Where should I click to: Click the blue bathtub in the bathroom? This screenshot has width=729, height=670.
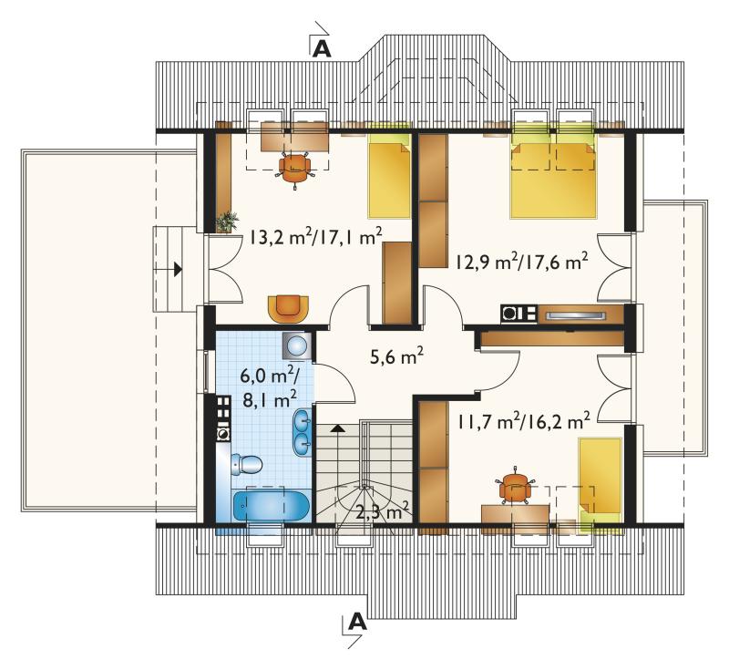(x=271, y=506)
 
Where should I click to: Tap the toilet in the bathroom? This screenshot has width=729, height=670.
(x=247, y=464)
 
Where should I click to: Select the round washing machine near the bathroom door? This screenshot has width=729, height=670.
(x=296, y=345)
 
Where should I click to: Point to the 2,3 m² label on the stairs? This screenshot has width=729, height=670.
(x=382, y=512)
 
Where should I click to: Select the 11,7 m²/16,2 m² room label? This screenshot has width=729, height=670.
(x=524, y=421)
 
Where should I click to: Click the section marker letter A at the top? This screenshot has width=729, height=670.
(x=322, y=48)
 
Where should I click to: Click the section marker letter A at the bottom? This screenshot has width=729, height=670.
(x=357, y=622)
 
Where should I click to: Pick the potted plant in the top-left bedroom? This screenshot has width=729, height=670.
(x=227, y=222)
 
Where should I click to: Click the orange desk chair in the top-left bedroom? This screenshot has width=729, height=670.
(x=294, y=168)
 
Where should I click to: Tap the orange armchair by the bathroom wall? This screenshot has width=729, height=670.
(x=288, y=309)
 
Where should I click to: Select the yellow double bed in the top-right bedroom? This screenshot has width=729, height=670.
(x=553, y=176)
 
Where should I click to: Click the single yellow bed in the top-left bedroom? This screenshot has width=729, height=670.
(x=390, y=176)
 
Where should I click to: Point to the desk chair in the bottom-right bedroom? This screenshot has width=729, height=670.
(x=515, y=487)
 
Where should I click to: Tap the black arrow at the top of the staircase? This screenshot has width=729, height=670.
(x=338, y=428)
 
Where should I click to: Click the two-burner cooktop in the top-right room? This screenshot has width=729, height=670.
(x=519, y=314)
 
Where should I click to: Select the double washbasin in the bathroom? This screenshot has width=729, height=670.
(x=303, y=431)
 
